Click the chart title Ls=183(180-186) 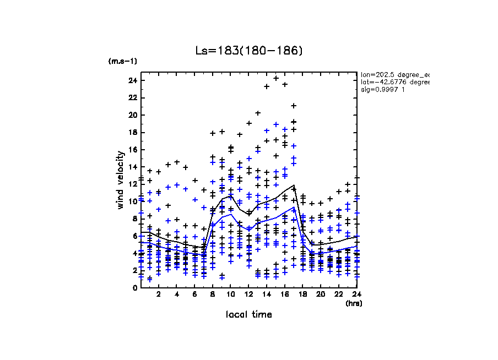(249, 51)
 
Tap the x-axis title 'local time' (249, 314)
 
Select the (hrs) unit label (353, 303)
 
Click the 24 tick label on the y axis (132, 80)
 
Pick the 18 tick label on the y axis (132, 132)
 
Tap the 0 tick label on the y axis (134, 287)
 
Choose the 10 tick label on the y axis (132, 201)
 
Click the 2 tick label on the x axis (159, 294)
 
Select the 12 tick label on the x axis (248, 294)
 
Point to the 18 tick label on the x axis (302, 294)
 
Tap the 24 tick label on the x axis (356, 294)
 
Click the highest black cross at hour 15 (276, 78)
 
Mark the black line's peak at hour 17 (294, 186)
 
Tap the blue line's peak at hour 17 (294, 207)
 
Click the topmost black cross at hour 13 (258, 113)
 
